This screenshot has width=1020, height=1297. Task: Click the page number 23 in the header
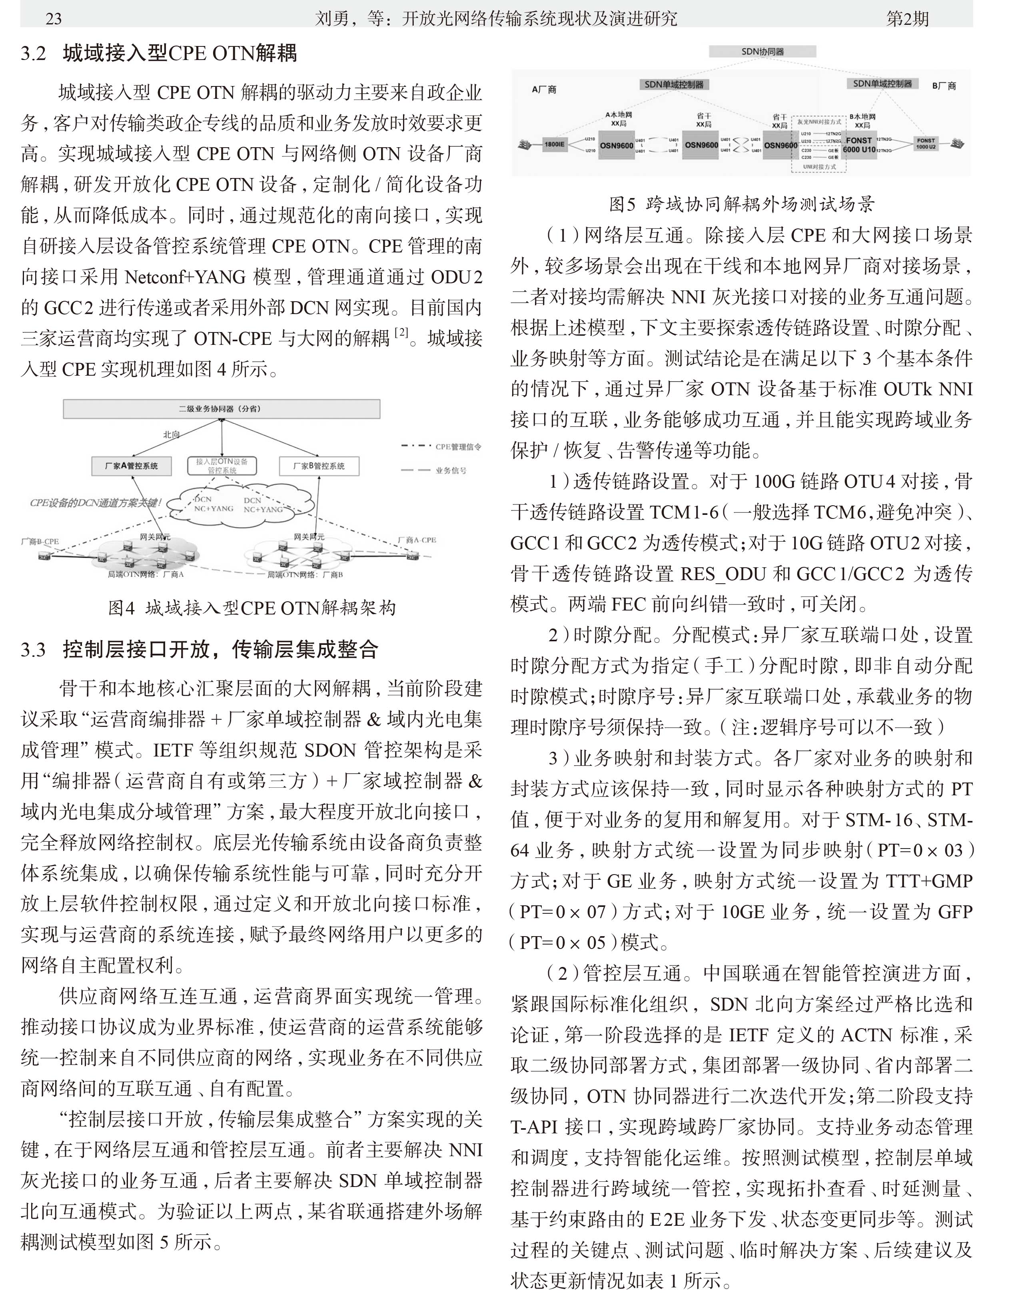pyautogui.click(x=53, y=18)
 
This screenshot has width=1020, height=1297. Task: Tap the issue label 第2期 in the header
pyautogui.click(x=907, y=18)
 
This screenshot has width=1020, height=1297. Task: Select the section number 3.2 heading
pyautogui.click(x=34, y=54)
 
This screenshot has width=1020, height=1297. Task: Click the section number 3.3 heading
pyautogui.click(x=34, y=649)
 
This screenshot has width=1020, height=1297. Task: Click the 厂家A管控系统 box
pyautogui.click(x=132, y=466)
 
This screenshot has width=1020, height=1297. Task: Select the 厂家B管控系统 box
pyautogui.click(x=319, y=466)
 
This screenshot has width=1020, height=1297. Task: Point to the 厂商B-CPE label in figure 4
pyautogui.click(x=40, y=541)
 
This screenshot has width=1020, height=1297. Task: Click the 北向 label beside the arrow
pyautogui.click(x=172, y=434)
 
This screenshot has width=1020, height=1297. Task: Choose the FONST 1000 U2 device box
pyautogui.click(x=926, y=144)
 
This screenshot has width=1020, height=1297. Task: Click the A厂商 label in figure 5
pyautogui.click(x=543, y=90)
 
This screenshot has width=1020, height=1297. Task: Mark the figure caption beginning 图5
pyautogui.click(x=741, y=204)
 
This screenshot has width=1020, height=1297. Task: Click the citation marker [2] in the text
pyautogui.click(x=403, y=332)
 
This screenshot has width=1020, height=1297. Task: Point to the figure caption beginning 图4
pyautogui.click(x=252, y=608)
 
